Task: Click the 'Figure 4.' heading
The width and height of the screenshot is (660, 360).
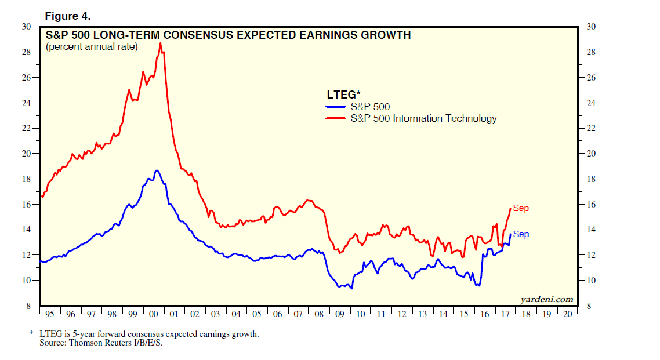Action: tap(68, 15)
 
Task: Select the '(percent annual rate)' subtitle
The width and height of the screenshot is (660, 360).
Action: tap(92, 47)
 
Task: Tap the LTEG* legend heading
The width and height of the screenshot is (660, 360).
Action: tap(342, 94)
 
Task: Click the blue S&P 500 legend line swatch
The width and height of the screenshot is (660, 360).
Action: tap(335, 107)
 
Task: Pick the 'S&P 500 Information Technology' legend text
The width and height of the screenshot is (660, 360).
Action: tap(423, 118)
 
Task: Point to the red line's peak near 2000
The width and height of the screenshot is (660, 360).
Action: tap(160, 43)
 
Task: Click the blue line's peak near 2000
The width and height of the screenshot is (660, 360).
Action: tap(157, 170)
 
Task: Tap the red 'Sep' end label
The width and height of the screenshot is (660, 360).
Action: tap(521, 209)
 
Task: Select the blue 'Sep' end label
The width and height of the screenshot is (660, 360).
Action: tap(521, 235)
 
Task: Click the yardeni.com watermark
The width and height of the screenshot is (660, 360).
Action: tap(547, 299)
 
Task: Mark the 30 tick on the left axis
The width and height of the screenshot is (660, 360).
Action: tap(26, 27)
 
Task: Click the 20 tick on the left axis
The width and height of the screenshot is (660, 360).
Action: tap(26, 154)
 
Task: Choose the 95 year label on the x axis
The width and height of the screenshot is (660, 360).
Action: tap(50, 314)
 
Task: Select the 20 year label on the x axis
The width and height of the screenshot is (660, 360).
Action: tap(566, 314)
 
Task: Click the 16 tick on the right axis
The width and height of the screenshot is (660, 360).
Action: tap(591, 205)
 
